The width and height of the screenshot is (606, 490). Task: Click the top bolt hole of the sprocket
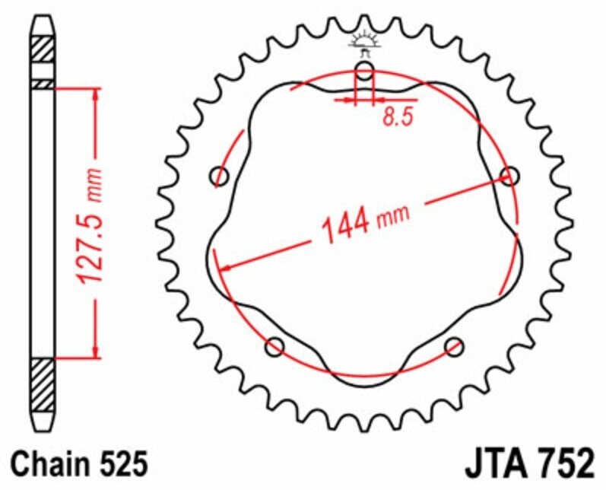365,72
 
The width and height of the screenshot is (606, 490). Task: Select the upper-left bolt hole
220,177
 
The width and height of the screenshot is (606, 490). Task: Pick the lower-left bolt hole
274,347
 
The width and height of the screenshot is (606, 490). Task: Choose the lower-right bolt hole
455,347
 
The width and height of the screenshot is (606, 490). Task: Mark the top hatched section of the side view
43,50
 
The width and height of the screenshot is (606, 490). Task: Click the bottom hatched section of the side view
43,377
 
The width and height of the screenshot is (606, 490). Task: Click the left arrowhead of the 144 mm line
223,267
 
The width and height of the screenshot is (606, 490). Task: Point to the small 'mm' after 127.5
94,180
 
